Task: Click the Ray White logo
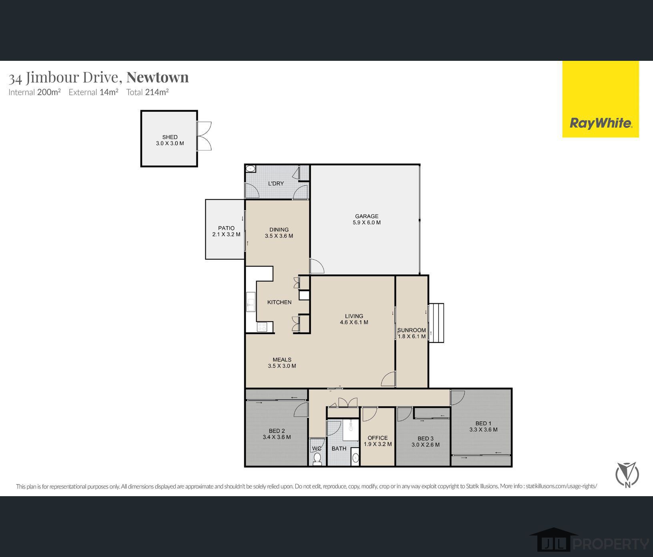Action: coord(601,123)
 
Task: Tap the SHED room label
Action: coord(170,137)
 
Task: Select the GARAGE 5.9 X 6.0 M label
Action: coord(367,219)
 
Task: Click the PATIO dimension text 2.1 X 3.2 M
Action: coord(226,234)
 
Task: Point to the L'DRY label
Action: coord(276,183)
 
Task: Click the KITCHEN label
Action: coord(279,302)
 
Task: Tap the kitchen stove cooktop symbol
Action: coord(262,327)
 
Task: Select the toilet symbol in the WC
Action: coord(317,459)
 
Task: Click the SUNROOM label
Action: coord(411,331)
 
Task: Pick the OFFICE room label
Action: coord(378,438)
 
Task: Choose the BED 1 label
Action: coord(483,423)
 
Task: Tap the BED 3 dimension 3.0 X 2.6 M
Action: coord(426,445)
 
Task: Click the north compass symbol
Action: coord(627,475)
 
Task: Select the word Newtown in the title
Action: coord(158,77)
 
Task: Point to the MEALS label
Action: coord(282,359)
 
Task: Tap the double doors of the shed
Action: coord(204,136)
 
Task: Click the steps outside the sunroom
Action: coord(436,323)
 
